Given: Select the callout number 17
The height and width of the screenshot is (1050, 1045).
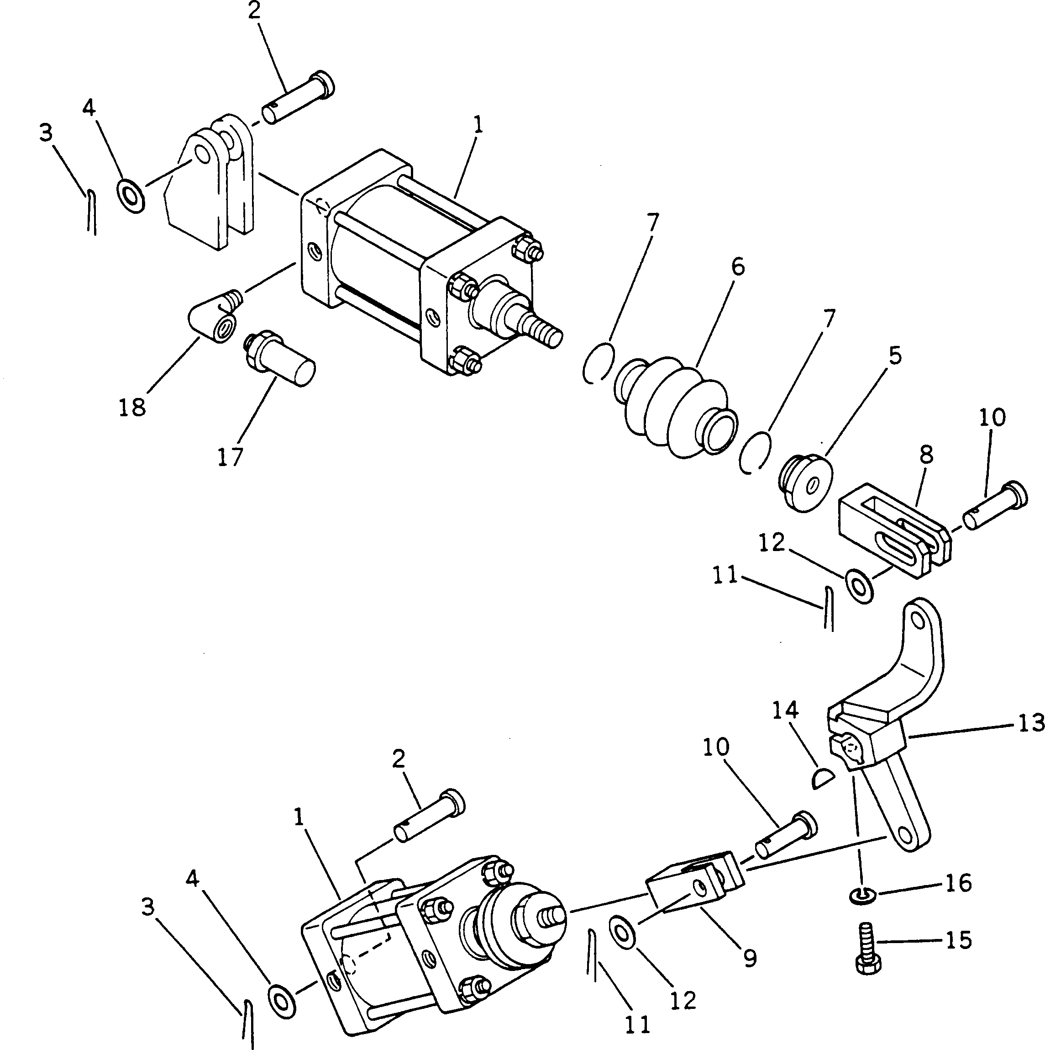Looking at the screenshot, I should click(x=230, y=457).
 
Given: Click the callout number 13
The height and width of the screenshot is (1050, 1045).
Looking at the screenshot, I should click(x=1029, y=723).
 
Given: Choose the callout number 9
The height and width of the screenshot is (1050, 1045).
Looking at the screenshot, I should click(x=750, y=959).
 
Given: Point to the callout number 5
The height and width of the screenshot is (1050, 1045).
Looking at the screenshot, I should click(x=894, y=355).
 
